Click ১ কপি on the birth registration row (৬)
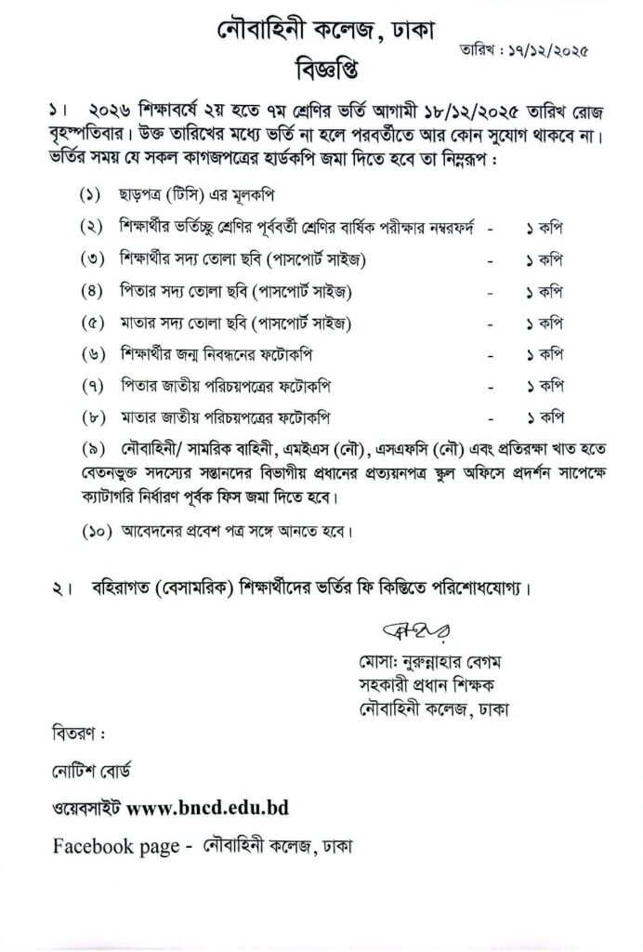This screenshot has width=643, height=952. pos(545,355)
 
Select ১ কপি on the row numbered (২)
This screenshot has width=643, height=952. pos(545,228)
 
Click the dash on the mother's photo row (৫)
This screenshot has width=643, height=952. pos(490,324)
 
